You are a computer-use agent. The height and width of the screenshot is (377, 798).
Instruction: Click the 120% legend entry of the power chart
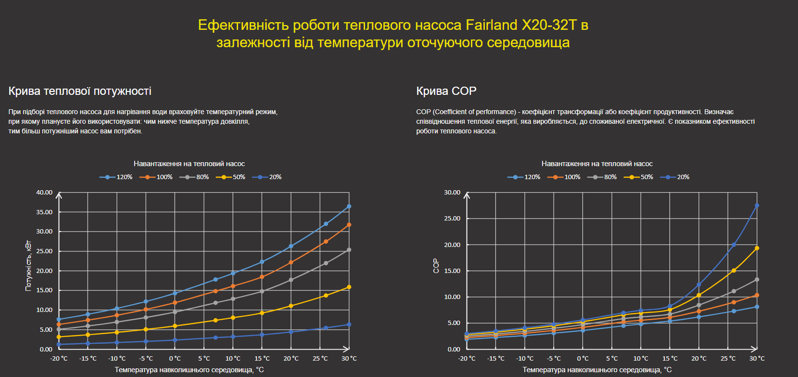coord(116,177)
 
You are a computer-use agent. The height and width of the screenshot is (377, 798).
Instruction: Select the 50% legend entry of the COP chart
coord(639,177)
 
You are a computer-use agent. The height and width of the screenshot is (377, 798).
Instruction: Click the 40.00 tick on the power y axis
coord(44,193)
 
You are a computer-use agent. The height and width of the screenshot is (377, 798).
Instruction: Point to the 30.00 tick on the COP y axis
coord(452,193)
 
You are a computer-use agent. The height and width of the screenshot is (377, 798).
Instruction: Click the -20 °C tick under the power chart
coord(59,359)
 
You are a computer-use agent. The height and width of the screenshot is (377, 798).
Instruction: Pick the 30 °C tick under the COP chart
coord(757,359)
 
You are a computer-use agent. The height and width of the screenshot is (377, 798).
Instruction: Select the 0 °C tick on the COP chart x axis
coord(583,359)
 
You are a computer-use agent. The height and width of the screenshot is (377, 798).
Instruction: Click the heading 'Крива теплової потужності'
coord(80,91)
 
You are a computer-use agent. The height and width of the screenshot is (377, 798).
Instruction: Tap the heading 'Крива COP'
coord(446,91)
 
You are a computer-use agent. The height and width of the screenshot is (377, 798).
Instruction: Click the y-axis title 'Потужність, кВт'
coord(28,266)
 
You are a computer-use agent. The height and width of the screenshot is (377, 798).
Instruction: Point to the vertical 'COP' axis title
coord(436,266)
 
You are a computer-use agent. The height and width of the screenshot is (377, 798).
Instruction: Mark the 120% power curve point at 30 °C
coord(349,207)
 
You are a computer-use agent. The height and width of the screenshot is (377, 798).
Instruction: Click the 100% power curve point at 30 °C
coord(349,225)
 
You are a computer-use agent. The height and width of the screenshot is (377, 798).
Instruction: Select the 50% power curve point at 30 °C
coord(349,287)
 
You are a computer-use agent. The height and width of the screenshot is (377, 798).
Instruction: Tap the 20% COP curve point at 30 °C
coord(757,206)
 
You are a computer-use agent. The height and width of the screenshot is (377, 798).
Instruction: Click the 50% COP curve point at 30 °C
coord(757,248)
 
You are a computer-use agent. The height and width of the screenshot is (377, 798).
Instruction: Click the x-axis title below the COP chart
coord(597,370)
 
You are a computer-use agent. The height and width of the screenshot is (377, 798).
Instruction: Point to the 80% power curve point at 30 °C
coord(349,250)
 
